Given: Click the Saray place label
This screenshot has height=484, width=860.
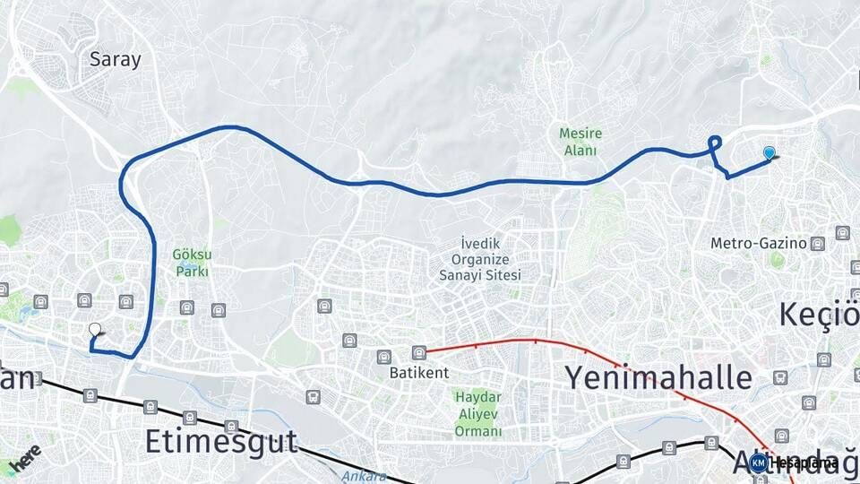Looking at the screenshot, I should [x=116, y=60].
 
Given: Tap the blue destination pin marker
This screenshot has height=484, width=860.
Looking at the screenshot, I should [x=769, y=154].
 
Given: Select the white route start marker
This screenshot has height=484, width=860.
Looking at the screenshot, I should [x=95, y=330].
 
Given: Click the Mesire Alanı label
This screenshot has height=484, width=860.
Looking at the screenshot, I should [x=580, y=142].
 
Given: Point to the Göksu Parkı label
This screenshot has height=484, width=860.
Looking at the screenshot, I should [x=192, y=262].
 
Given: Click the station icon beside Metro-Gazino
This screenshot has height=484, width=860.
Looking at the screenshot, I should [x=817, y=243].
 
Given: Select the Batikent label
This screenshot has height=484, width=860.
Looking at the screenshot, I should [x=413, y=372].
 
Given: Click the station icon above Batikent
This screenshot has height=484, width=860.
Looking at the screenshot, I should [x=418, y=352].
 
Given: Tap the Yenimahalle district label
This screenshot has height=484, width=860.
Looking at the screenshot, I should [x=658, y=377].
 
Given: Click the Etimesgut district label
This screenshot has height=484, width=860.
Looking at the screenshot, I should [x=220, y=441].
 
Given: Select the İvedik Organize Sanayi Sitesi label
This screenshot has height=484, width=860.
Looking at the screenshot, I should [x=479, y=259].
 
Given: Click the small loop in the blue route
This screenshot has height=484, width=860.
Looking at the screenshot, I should [x=715, y=142].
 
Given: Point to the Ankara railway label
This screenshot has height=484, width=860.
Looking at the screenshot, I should [x=362, y=476].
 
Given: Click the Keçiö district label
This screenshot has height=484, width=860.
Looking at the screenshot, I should [x=818, y=315].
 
